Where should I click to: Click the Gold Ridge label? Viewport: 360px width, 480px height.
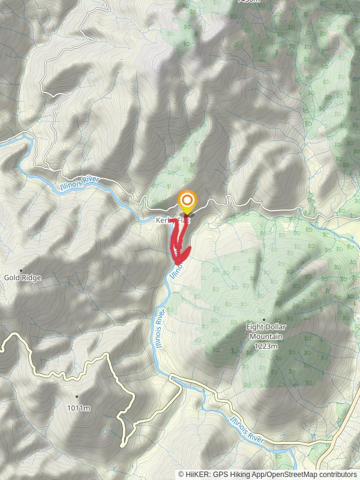coord(22,278)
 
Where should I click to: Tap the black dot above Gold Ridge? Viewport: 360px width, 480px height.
coord(22,270)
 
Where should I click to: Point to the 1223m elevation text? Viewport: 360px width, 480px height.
coord(264,346)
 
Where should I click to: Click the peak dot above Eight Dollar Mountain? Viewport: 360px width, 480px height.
coord(264,319)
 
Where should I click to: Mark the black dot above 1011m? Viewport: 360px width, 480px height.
coord(77,397)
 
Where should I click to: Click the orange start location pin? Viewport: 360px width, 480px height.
coord(187,200)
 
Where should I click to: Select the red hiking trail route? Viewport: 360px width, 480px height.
coord(175,240)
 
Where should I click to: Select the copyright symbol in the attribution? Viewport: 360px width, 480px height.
coord(181,474)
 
